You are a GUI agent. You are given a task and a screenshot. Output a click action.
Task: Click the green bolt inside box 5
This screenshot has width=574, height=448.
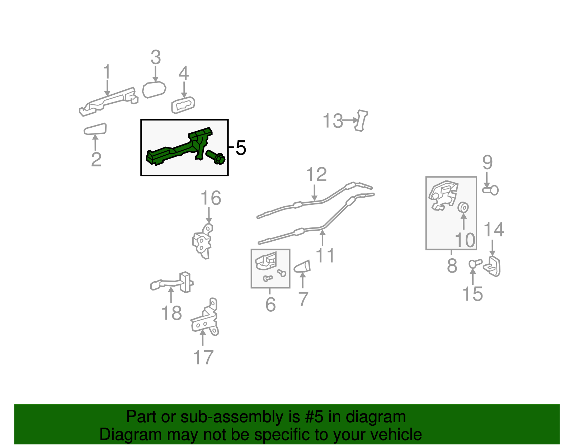pyautogui.click(x=215, y=157)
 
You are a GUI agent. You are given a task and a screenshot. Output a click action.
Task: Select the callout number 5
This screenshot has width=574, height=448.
pyautogui.click(x=241, y=148)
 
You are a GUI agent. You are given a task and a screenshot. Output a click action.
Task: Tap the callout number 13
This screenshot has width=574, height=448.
pyautogui.click(x=333, y=121)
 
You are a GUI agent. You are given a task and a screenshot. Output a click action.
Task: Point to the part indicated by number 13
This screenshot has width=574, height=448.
pyautogui.click(x=361, y=121)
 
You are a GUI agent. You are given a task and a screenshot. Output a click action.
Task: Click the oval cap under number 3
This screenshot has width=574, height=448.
pyautogui.click(x=154, y=90)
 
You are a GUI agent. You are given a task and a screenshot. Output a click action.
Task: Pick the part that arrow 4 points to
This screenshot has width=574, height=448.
pyautogui.click(x=183, y=105)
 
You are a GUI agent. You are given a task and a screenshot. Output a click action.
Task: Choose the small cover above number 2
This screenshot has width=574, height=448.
pyautogui.click(x=95, y=129)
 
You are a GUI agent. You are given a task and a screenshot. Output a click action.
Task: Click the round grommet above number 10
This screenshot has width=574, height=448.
pyautogui.click(x=463, y=207)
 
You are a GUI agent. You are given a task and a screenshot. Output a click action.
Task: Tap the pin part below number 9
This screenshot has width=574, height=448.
pyautogui.click(x=490, y=190)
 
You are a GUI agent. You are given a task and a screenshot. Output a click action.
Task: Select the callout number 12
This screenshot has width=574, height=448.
pyautogui.click(x=316, y=174)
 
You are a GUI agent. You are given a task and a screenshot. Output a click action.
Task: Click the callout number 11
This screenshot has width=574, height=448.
pyautogui.click(x=325, y=255)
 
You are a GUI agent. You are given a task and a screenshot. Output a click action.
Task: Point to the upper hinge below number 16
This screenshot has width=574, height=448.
pyautogui.click(x=203, y=241)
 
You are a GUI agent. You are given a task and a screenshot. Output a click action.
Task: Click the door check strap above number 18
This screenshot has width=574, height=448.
pyautogui.click(x=172, y=283)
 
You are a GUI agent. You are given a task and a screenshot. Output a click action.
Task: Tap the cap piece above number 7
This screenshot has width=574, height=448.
pyautogui.click(x=302, y=267)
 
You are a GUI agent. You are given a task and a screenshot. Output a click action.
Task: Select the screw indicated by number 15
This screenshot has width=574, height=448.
pyautogui.click(x=475, y=263)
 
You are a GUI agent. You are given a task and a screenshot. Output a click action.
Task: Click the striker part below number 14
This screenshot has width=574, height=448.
pyautogui.click(x=492, y=266)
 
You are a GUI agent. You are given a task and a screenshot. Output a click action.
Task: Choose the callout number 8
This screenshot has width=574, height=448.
pyautogui.click(x=452, y=265)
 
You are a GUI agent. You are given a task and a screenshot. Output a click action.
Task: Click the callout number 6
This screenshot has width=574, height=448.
pyautogui.click(x=270, y=305)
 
